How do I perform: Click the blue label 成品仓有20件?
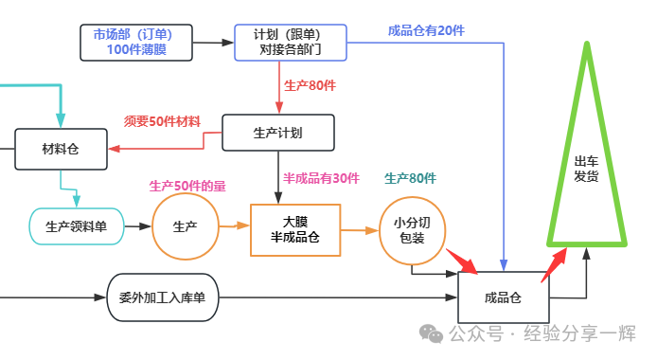pos(426,30)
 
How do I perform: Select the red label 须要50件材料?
pos(162,121)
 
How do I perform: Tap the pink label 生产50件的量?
pos(187,186)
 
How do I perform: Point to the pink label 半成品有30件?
pos(321,178)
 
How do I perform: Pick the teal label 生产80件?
pos(410,178)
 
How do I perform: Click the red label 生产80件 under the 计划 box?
pos(311,85)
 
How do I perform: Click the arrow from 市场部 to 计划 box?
pos(213,43)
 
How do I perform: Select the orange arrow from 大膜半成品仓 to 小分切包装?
pos(360,230)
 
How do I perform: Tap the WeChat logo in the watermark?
pos(431,334)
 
